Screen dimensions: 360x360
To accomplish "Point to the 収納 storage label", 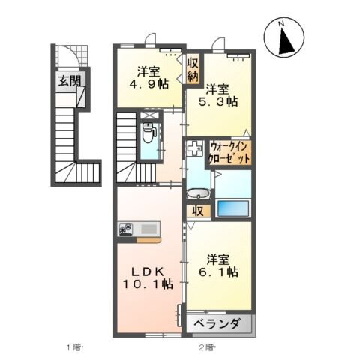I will coord(193,70).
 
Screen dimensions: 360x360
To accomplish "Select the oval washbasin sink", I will coord(196,193).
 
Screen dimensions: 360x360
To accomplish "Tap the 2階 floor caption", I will coord(207,346).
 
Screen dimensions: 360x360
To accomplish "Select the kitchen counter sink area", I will coord(147,228).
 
